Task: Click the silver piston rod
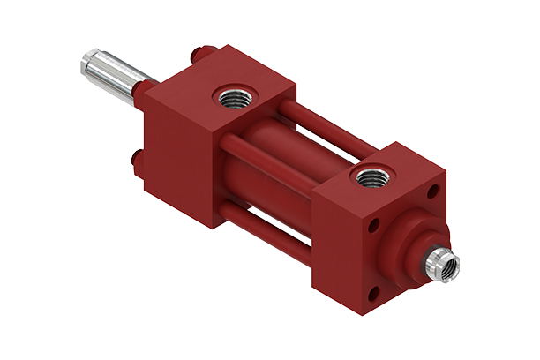pyautogui.click(x=110, y=69)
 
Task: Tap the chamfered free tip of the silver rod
pyautogui.click(x=85, y=59)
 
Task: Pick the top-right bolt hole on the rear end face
pyautogui.click(x=432, y=191)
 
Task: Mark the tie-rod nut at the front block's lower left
pyautogui.click(x=139, y=160)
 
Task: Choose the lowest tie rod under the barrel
pyautogui.click(x=265, y=231)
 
